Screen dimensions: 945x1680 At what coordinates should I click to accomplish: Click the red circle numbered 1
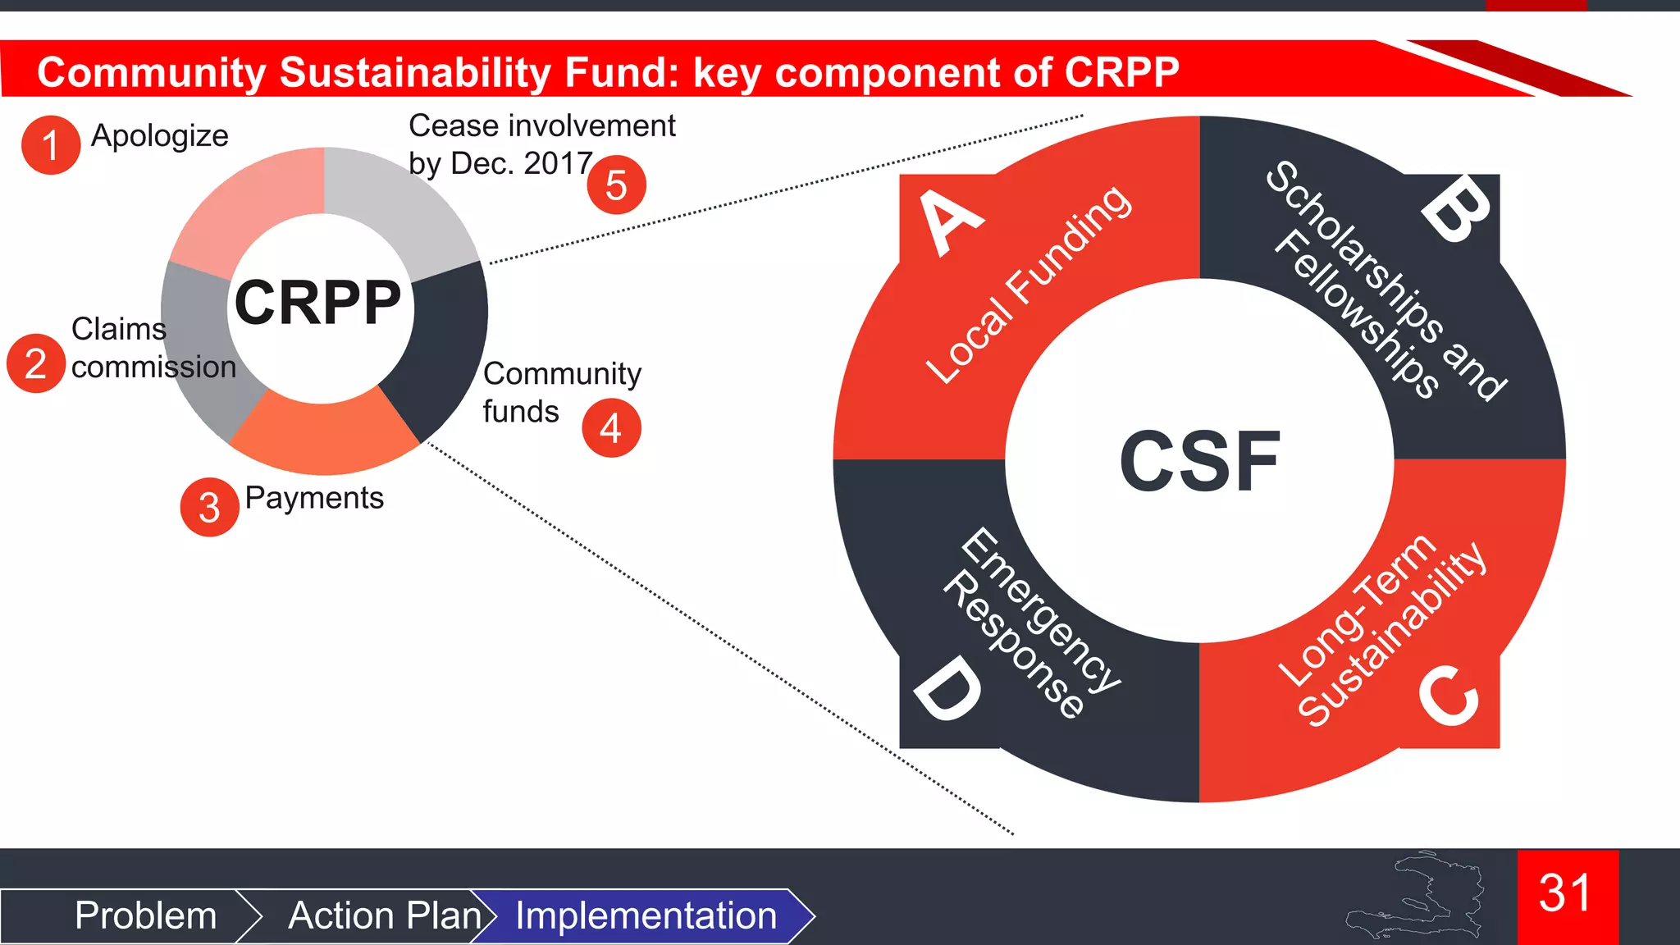point(51,145)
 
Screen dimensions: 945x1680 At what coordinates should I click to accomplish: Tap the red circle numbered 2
point(36,363)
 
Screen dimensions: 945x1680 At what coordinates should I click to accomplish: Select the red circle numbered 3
point(210,507)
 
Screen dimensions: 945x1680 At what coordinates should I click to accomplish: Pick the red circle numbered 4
point(611,427)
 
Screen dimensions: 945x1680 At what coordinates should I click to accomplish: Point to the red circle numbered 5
point(617,185)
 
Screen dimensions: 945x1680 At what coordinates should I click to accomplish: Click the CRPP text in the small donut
point(318,303)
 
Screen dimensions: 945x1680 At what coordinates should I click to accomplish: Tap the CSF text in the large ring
point(1199,462)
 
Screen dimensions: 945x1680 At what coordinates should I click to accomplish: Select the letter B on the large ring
point(1458,212)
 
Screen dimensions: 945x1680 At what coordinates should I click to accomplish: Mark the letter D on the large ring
point(947,692)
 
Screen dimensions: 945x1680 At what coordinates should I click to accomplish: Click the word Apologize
point(159,136)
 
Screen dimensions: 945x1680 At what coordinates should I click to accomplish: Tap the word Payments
point(314,498)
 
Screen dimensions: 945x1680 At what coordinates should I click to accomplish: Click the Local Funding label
point(1029,284)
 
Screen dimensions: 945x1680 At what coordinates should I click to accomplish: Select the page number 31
point(1565,893)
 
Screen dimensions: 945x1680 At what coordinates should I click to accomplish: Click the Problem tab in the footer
point(145,915)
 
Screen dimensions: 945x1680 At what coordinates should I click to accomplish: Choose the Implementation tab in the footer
point(646,915)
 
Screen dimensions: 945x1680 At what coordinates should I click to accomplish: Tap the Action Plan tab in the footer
point(384,915)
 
